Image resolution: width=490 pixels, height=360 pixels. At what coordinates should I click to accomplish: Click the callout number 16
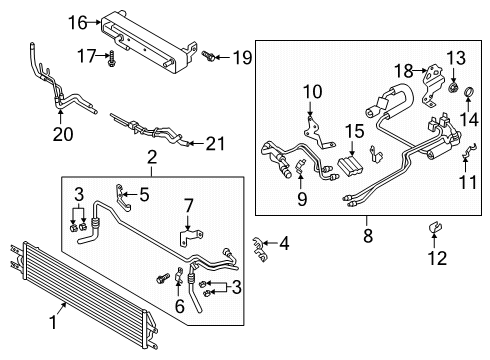(x=81, y=22)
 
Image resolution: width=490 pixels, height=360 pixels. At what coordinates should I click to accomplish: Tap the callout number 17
(x=87, y=56)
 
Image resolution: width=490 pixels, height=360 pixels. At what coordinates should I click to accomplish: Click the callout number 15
(x=353, y=132)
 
